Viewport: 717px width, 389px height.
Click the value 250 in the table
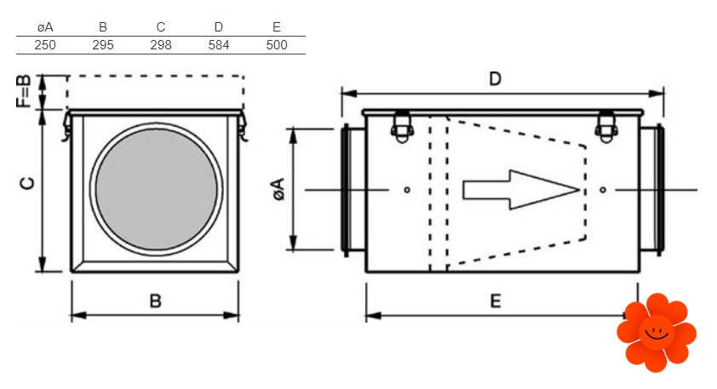45,45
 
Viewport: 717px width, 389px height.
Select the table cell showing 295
103,45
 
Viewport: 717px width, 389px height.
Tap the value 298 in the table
161,45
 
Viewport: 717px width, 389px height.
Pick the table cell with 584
219,45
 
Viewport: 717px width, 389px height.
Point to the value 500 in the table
277,45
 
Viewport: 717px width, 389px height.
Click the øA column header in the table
45,27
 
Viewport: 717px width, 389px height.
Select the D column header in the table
219,27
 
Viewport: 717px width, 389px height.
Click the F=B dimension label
24,91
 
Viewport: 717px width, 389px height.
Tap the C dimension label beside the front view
27,183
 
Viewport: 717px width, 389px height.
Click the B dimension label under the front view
156,300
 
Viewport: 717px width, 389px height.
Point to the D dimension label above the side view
496,78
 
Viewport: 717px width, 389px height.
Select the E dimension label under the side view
496,300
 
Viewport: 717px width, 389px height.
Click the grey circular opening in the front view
157,189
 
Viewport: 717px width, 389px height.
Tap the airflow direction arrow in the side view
521,190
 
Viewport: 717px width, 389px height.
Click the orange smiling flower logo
657,332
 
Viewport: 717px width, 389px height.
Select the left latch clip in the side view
402,127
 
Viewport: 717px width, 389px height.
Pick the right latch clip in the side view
606,127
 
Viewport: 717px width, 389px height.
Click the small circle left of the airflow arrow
407,190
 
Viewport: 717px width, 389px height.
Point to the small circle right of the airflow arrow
603,190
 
